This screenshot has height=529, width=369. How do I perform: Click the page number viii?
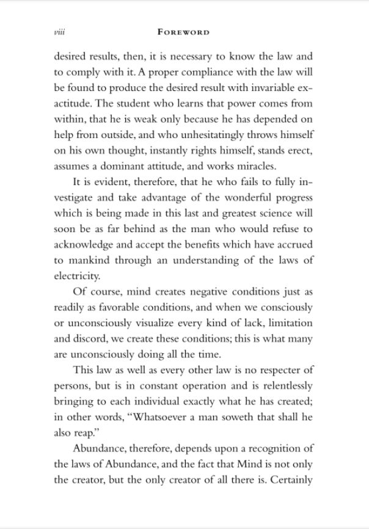(60, 32)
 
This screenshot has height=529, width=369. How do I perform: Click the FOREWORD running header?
(183, 32)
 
